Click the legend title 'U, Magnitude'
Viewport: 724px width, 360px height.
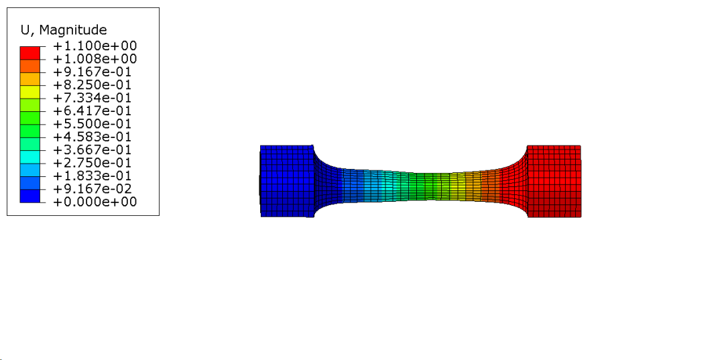pyautogui.click(x=64, y=30)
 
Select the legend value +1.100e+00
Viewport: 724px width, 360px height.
pyautogui.click(x=95, y=46)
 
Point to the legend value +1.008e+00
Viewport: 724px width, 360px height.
pyautogui.click(x=95, y=59)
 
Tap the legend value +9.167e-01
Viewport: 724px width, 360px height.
pyautogui.click(x=93, y=72)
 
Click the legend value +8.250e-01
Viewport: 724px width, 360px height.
pyautogui.click(x=93, y=85)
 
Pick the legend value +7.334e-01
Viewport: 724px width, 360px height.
pyautogui.click(x=93, y=98)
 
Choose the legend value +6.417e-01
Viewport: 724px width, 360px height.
pyautogui.click(x=93, y=111)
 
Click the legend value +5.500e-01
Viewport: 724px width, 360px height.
pyautogui.click(x=93, y=124)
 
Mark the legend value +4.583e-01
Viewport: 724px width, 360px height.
pyautogui.click(x=93, y=137)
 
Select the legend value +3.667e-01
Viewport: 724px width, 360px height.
pyautogui.click(x=93, y=150)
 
